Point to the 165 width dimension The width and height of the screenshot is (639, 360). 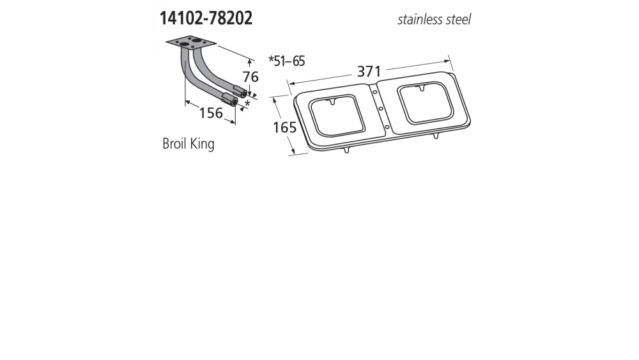tap(284, 127)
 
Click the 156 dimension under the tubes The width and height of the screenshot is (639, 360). tap(211, 113)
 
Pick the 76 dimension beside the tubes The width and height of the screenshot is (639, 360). tap(250, 77)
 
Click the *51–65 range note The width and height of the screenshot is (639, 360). tap(286, 61)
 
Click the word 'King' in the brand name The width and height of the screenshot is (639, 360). tap(203, 143)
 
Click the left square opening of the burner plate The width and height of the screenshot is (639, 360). tap(337, 115)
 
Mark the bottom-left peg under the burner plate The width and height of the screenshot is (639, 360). tap(346, 150)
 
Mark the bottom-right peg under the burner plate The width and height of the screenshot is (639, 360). tap(436, 137)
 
